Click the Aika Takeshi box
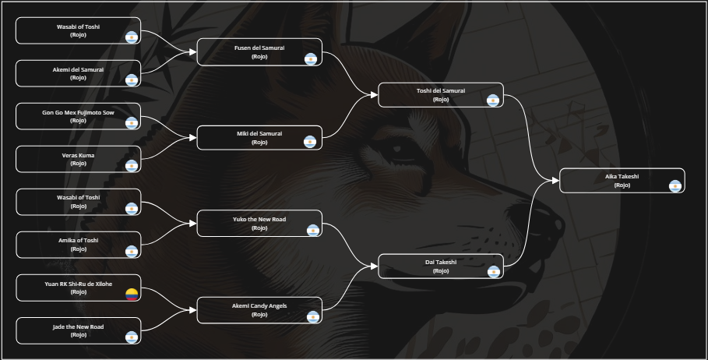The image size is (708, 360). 622,181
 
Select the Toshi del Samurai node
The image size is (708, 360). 440,95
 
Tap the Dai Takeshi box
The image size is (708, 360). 440,266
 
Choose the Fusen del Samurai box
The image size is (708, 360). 259,52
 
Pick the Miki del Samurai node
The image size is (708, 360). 259,138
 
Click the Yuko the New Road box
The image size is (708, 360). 259,224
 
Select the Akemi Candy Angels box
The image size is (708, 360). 259,309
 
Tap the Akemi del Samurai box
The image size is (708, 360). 78,73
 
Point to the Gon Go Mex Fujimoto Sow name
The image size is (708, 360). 78,112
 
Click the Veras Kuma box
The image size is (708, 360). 78,159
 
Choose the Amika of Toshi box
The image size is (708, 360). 78,245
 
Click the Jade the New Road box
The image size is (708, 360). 78,330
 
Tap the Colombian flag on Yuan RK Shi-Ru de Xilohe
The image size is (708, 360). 132,294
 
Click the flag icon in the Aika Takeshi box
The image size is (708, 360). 675,185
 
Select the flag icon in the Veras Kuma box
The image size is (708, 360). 132,165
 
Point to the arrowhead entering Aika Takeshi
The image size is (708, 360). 556,181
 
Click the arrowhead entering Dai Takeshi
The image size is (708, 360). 375,266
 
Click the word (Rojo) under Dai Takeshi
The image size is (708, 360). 440,271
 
